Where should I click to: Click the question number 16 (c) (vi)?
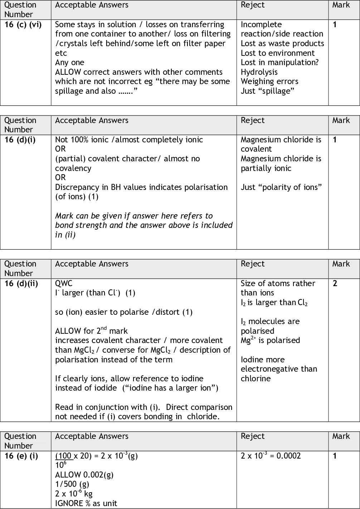click(x=23, y=25)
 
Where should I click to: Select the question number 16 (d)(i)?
click(x=20, y=140)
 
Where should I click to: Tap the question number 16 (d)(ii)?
click(x=21, y=284)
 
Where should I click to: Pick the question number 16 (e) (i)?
click(x=21, y=456)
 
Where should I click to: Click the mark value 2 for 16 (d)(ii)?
click(x=335, y=284)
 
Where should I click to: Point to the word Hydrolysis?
click(x=259, y=72)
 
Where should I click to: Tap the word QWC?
click(x=64, y=284)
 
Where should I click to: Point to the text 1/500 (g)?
click(x=72, y=484)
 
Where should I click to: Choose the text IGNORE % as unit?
click(x=86, y=503)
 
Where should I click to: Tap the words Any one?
click(x=70, y=63)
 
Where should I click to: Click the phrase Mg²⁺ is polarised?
click(x=270, y=341)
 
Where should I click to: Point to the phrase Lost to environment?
click(x=278, y=53)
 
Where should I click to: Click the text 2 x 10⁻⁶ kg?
click(x=74, y=494)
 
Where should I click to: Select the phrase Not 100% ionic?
click(x=82, y=140)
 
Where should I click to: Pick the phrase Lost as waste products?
click(x=282, y=44)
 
